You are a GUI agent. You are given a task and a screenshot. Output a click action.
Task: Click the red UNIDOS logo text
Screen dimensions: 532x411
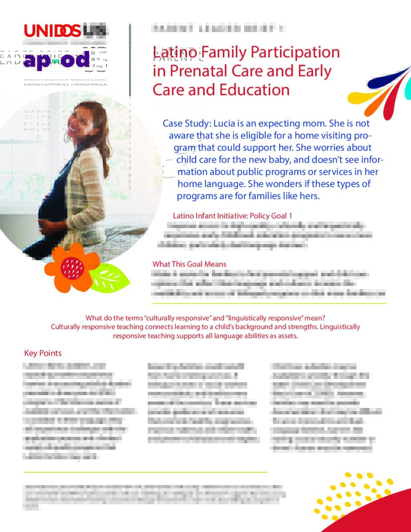point(52,31)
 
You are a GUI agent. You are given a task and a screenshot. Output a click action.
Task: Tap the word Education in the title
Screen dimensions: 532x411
point(255,90)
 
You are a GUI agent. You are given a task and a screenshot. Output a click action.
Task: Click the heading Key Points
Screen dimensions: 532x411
point(43,353)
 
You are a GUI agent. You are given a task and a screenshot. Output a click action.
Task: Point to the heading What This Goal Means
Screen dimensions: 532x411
point(189,264)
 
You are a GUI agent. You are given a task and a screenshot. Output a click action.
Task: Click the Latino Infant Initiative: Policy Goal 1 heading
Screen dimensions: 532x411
point(232,216)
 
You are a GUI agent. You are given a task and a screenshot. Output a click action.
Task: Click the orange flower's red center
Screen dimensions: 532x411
point(72,268)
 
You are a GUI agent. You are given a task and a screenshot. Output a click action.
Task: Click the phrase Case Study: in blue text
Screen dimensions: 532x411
point(186,123)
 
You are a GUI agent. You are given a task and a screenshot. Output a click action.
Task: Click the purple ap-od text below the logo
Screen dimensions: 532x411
point(56,60)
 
